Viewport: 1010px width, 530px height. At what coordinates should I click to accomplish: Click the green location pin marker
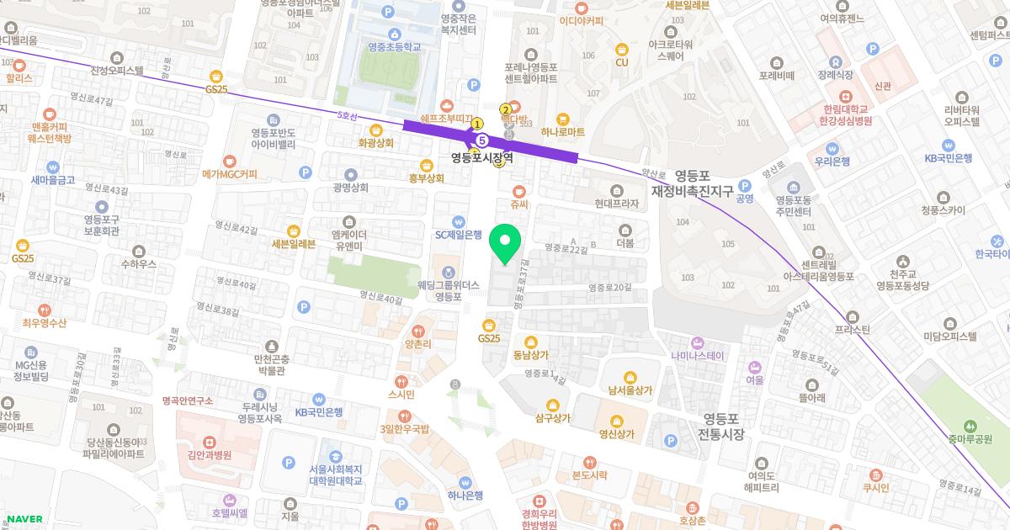coord(505,245)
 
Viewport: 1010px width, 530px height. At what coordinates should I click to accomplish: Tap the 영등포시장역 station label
coord(482,157)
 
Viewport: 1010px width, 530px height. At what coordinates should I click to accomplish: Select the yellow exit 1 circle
coord(476,123)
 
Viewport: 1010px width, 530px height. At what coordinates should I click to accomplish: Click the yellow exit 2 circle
coord(505,109)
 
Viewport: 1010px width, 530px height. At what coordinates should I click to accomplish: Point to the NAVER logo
coord(24,519)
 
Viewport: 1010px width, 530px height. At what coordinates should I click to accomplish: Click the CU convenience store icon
coord(622,49)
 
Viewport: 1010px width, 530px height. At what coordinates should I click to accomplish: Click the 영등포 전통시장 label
coord(721,427)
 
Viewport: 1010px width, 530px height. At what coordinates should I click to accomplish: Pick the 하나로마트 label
coord(563,132)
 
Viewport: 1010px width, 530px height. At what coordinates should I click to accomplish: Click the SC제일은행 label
coord(458,235)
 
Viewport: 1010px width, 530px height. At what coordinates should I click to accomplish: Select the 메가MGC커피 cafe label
coord(230,174)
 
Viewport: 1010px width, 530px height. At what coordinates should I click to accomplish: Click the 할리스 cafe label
coord(19,77)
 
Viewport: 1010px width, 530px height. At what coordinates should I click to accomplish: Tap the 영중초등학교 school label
coord(382,48)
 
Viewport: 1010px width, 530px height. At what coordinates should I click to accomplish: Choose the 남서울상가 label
coord(630,390)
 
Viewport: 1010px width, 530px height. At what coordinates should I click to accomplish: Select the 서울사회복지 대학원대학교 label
coord(335,474)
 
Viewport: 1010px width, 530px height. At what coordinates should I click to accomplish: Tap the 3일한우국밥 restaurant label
coord(405,429)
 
